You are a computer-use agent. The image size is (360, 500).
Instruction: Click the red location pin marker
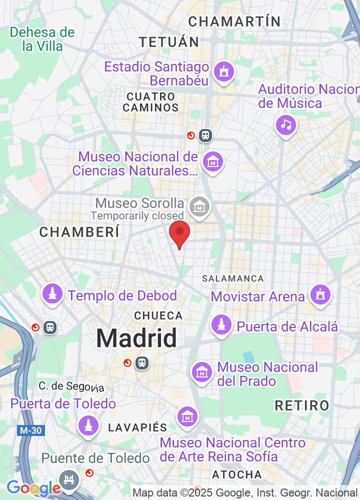(x=179, y=233)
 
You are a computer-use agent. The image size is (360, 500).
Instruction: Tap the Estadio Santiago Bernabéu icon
(x=223, y=71)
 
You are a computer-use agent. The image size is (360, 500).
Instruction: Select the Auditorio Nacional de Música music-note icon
(x=285, y=124)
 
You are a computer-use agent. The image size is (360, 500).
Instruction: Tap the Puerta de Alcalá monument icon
(x=221, y=325)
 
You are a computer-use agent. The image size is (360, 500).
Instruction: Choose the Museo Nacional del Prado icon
(x=202, y=371)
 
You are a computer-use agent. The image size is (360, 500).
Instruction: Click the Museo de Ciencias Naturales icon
(x=213, y=161)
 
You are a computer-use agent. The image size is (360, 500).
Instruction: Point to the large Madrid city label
(x=136, y=338)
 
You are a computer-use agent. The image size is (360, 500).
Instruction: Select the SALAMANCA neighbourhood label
(x=232, y=278)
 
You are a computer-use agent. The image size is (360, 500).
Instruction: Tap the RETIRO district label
(x=302, y=405)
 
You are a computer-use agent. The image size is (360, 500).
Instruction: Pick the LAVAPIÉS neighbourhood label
(x=137, y=427)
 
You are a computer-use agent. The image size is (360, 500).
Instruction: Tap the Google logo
(x=33, y=488)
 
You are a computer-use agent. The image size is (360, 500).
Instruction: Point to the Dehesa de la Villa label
(x=42, y=39)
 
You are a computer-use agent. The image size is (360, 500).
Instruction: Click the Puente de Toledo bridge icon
(x=68, y=479)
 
